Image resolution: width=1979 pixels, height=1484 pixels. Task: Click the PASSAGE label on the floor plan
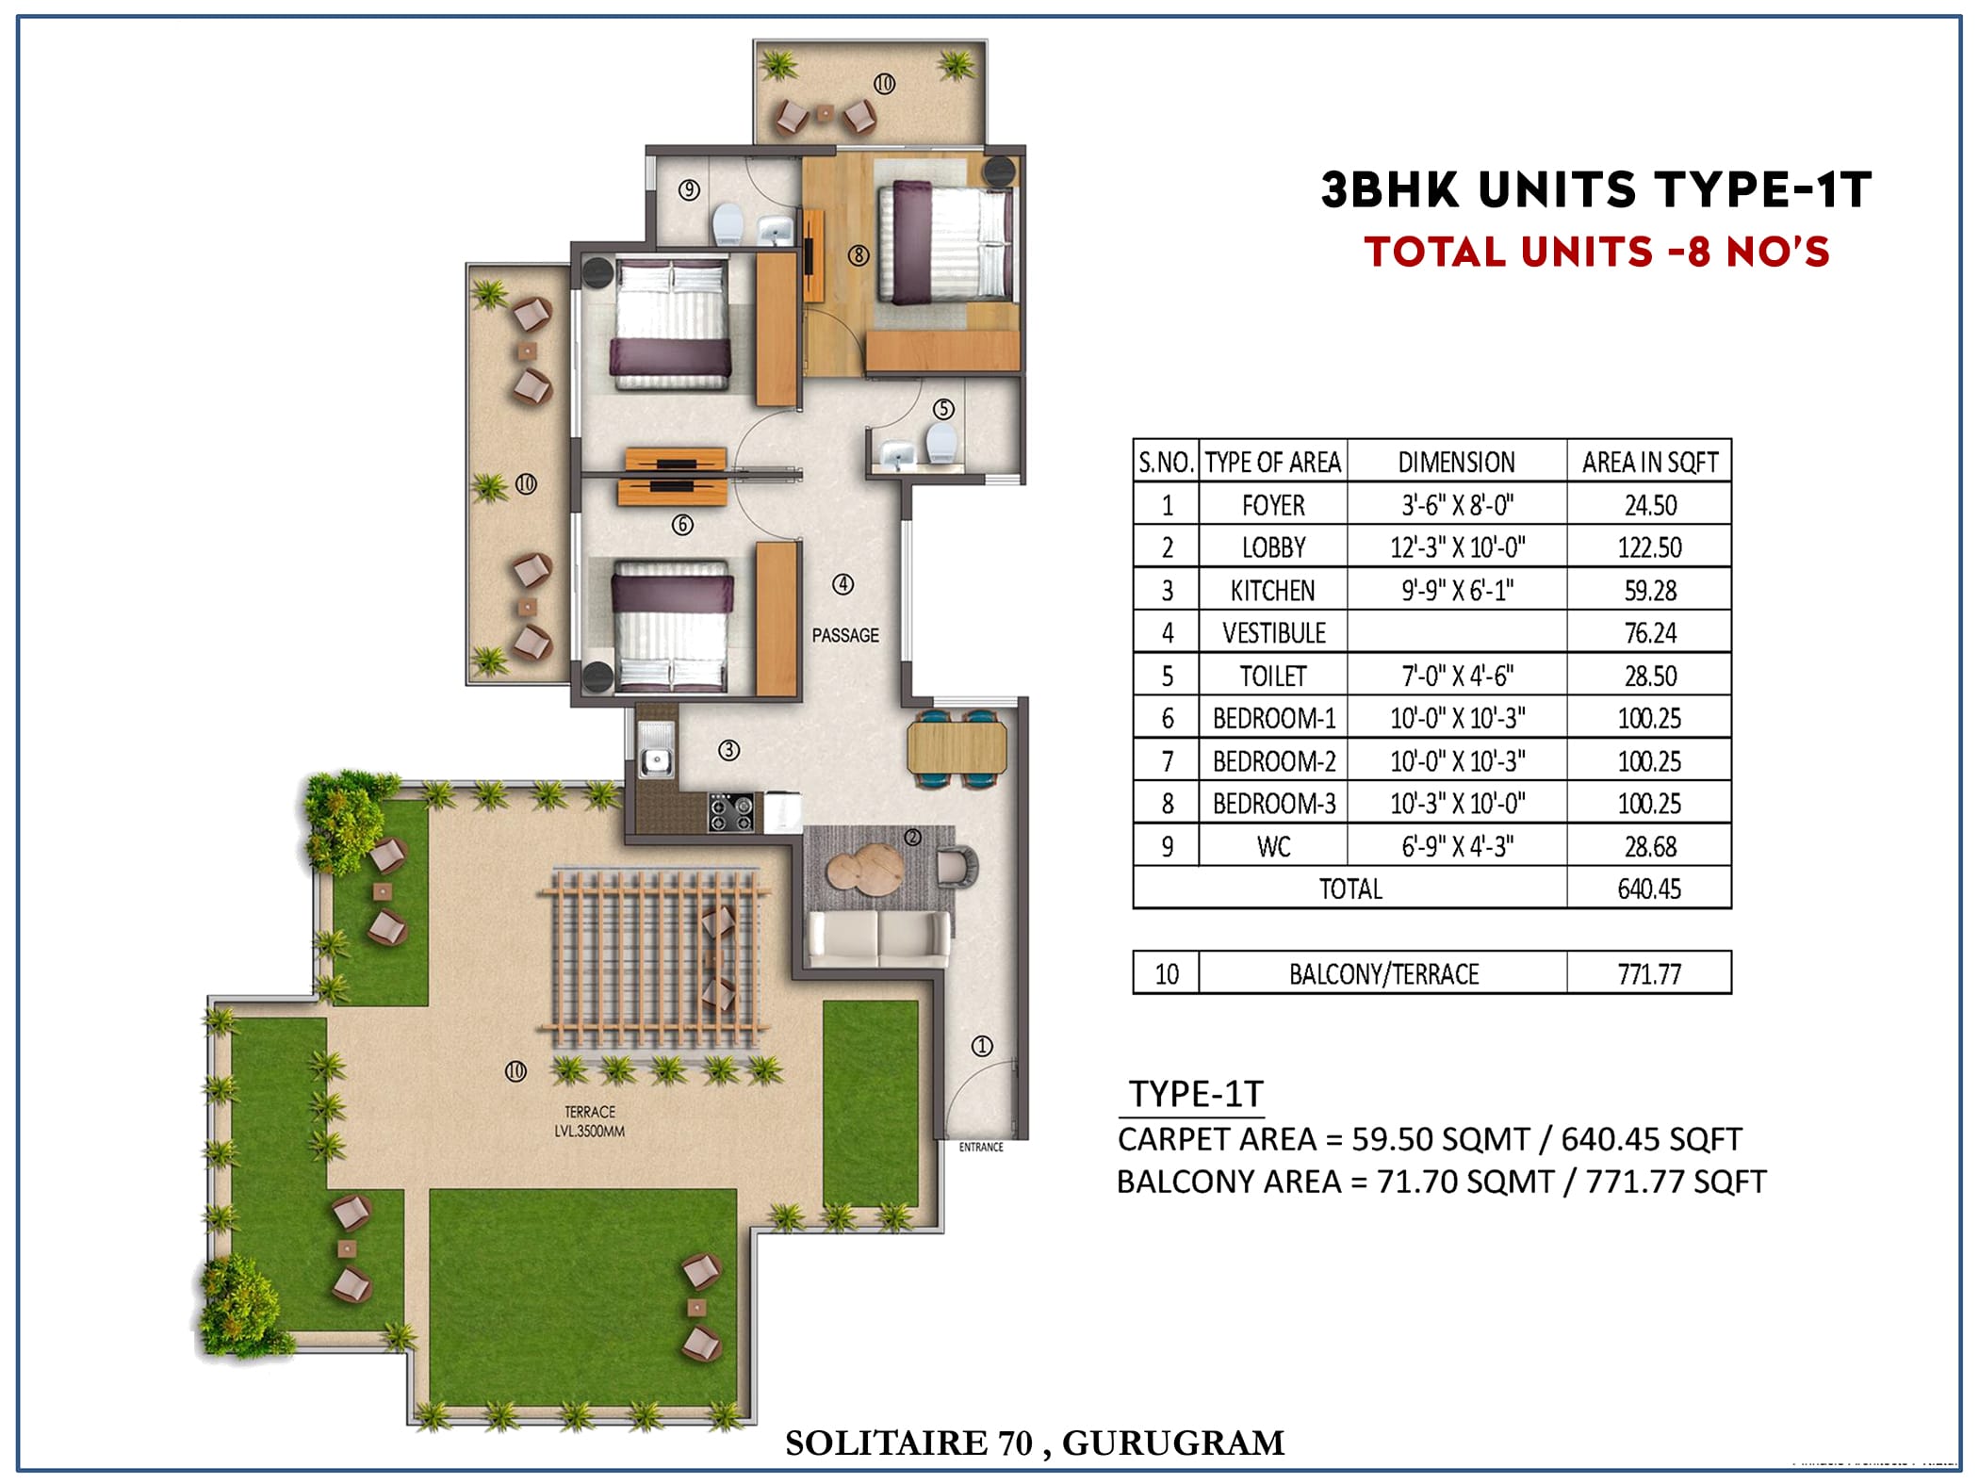(x=845, y=635)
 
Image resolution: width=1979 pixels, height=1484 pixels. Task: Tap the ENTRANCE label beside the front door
(x=981, y=1147)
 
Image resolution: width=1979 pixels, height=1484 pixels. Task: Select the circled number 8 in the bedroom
(x=858, y=254)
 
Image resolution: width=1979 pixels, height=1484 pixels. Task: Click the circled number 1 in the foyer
(x=982, y=1046)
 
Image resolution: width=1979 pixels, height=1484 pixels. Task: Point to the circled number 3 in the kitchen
(x=728, y=750)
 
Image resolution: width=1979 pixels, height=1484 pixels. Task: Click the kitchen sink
(x=656, y=749)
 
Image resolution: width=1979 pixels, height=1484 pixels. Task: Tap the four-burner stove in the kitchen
(x=731, y=812)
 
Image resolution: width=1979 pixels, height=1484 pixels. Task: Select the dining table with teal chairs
(x=957, y=748)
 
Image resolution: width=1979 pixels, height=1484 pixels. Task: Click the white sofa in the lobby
(x=879, y=938)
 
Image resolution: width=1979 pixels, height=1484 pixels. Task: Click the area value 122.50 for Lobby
(x=1649, y=547)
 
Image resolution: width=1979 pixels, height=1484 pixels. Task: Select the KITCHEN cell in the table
(x=1272, y=591)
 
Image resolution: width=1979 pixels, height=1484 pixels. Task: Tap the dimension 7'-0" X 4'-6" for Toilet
(x=1457, y=676)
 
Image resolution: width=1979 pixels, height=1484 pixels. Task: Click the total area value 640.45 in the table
(x=1649, y=889)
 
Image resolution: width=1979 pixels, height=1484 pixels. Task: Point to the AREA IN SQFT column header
(x=1649, y=463)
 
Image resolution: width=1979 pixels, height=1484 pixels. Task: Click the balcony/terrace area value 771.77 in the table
(x=1649, y=973)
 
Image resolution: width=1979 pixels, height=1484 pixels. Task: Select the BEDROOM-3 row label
(x=1274, y=804)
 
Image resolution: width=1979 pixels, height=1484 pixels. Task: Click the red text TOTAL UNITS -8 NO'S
(x=1596, y=252)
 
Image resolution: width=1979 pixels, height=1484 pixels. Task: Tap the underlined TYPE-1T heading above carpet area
(x=1196, y=1094)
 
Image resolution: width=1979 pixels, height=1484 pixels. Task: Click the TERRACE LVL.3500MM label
(x=590, y=1121)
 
